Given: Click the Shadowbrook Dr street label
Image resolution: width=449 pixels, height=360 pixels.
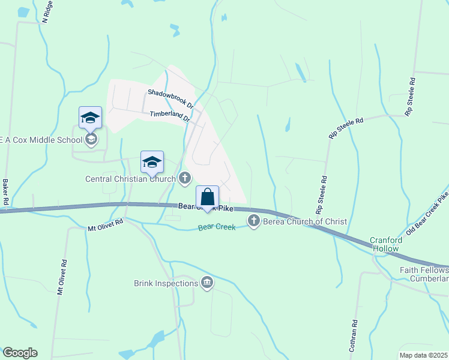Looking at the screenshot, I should pos(171,98).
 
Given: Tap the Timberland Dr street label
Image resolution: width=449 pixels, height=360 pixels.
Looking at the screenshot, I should pos(170,115).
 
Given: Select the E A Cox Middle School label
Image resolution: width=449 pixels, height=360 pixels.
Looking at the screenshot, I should pos(40,140).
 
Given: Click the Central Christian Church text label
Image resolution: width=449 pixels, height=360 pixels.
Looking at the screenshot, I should pos(130,178).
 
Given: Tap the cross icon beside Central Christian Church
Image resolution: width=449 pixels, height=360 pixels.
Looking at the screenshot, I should pos(185,178).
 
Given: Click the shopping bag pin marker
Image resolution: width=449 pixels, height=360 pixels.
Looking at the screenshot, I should pos(207,197).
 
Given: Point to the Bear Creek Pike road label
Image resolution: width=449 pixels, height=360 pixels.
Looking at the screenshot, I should pos(205,208).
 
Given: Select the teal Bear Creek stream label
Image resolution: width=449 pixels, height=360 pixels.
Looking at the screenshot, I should pos(217,227).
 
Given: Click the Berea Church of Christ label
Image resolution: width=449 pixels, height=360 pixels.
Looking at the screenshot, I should pos(304,221).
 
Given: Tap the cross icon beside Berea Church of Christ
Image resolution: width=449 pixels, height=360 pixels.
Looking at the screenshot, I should pos(253,221).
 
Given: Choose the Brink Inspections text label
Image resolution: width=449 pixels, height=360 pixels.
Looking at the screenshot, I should pos(166,283).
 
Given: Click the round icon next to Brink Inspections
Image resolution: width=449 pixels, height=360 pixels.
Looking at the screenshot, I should pos(207,283).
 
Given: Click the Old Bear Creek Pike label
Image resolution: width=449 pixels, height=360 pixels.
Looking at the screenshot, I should pos(428,213).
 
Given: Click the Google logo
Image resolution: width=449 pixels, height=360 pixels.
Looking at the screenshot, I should pos(20,353).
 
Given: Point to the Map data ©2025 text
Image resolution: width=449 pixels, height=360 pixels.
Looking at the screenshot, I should pos(423,355).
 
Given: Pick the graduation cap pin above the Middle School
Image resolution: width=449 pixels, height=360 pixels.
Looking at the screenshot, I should pos(90,117).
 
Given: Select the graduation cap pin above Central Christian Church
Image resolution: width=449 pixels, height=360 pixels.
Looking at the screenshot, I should pos(152,161).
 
